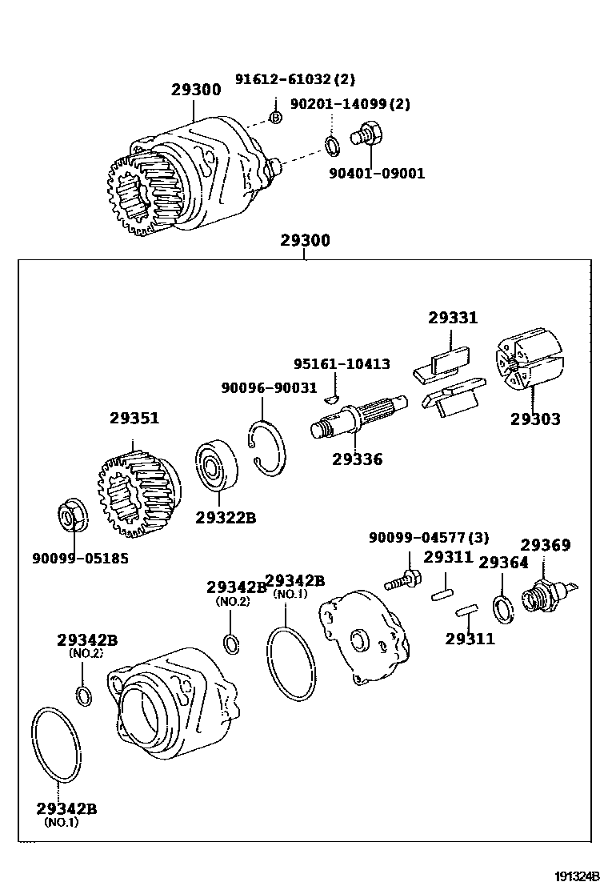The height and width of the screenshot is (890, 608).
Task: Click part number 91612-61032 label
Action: [x=294, y=79]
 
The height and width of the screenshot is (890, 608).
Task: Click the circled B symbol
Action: [x=275, y=118]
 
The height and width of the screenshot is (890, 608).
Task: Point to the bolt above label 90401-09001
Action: [x=369, y=133]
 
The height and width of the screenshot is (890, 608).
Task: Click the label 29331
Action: [x=452, y=318]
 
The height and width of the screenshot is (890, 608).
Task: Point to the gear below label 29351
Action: [x=138, y=494]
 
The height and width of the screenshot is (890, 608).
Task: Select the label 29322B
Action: [x=226, y=518]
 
